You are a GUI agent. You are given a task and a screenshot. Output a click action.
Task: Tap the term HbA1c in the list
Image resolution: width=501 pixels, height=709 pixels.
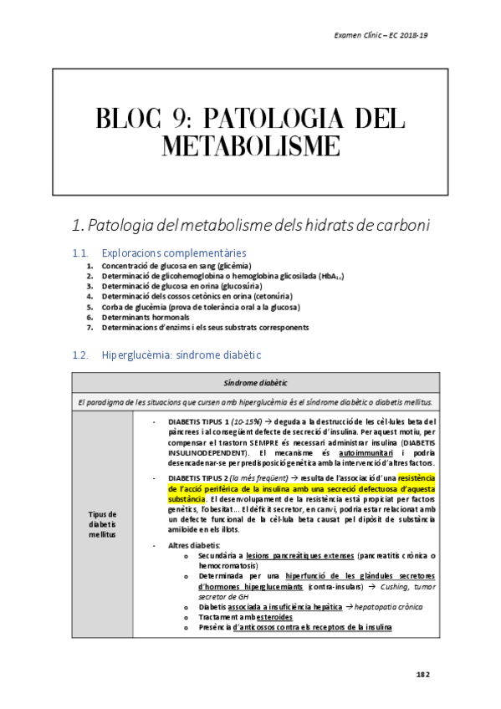tap(330, 275)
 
